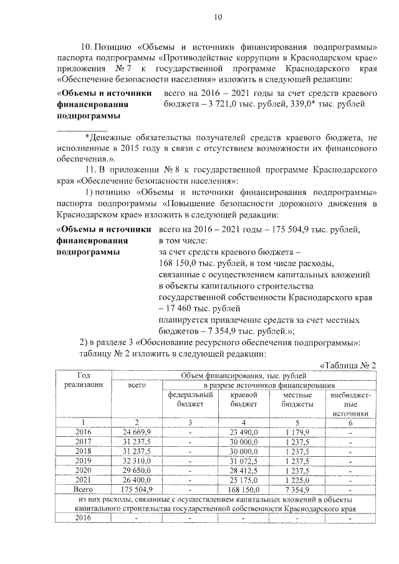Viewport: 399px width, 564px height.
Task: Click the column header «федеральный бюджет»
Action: coord(188,399)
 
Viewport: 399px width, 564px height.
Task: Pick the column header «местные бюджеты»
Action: coord(297,399)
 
